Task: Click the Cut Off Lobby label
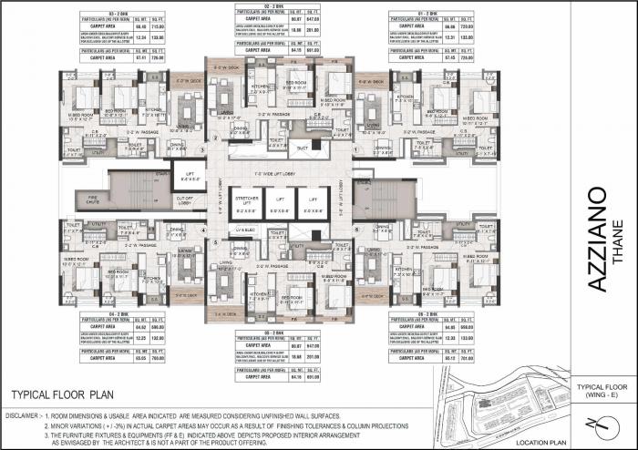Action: point(185,202)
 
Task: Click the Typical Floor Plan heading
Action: point(61,395)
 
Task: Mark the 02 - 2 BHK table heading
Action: point(262,7)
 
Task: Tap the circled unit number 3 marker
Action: point(214,138)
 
